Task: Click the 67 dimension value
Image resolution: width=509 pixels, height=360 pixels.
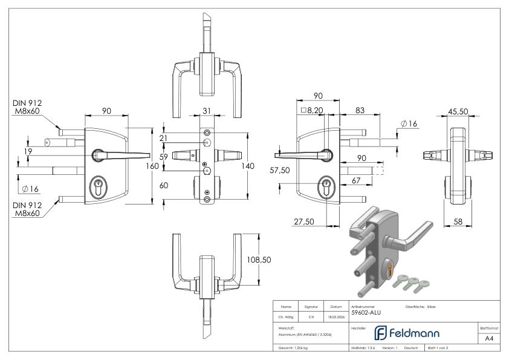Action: point(357,180)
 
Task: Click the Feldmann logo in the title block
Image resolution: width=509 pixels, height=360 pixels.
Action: point(406,333)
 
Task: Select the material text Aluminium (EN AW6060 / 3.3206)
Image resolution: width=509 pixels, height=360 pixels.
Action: point(305,334)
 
